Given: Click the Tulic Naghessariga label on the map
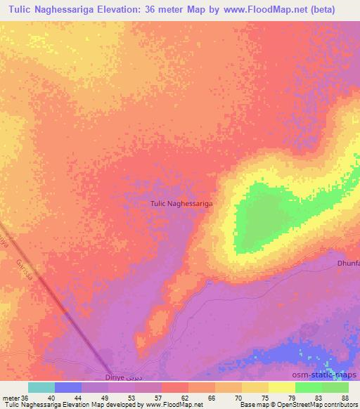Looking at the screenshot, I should click(x=181, y=204).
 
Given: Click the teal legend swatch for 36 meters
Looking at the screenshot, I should click(x=41, y=387).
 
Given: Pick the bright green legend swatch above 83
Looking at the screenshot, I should click(x=308, y=387).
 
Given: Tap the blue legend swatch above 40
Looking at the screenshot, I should click(x=68, y=387).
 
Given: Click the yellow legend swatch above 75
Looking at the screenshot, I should click(x=255, y=387).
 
